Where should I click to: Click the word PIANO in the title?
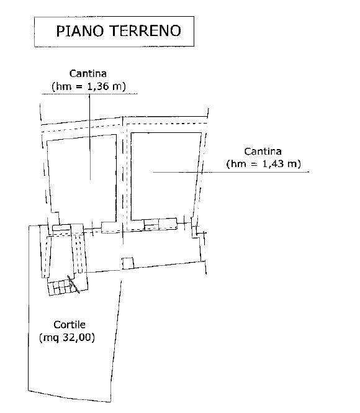(x=79, y=30)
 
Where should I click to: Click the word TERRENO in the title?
(x=145, y=30)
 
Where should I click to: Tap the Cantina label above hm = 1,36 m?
(x=88, y=73)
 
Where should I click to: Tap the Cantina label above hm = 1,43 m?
(x=263, y=152)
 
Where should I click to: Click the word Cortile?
(x=70, y=325)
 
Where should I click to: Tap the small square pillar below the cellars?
(x=128, y=263)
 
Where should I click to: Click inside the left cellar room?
(x=82, y=179)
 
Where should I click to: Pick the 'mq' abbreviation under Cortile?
(x=50, y=338)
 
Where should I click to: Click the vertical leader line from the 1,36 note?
(x=90, y=137)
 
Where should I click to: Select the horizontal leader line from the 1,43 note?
(x=231, y=172)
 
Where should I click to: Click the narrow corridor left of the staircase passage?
(x=45, y=252)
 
